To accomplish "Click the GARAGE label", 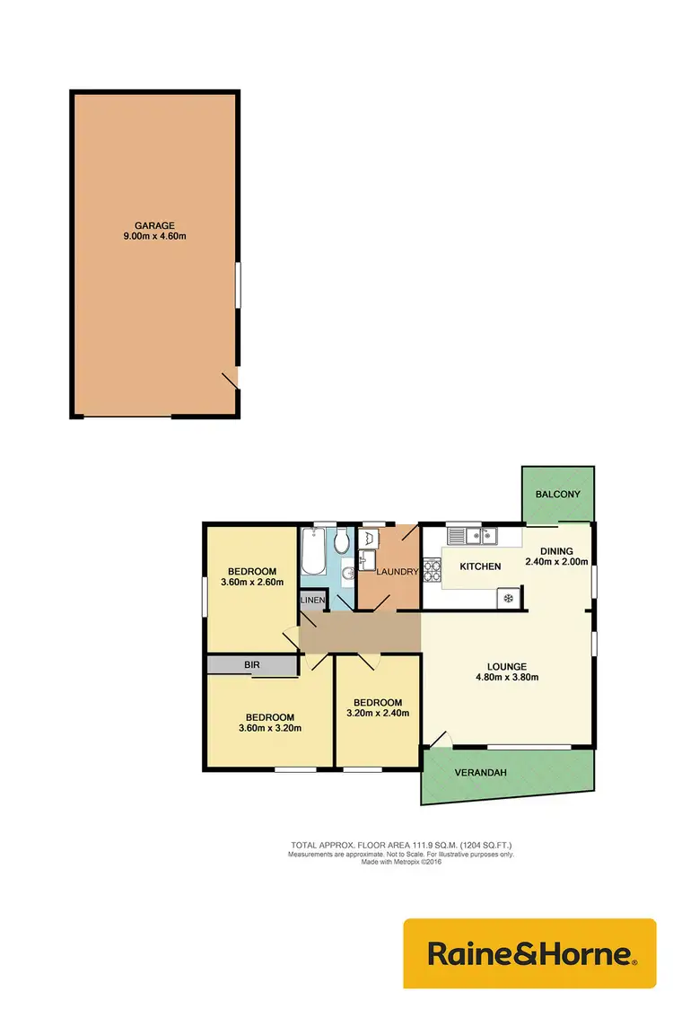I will coord(154,225).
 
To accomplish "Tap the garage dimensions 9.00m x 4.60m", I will coord(154,237).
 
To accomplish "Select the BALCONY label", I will coord(558,495).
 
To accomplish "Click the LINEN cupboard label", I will coord(312,600).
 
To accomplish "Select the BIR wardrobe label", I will coord(252,666).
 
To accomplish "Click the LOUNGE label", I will coord(506,666).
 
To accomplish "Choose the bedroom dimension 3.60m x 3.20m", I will coord(270,728).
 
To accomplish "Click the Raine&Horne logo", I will coord(530,954).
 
